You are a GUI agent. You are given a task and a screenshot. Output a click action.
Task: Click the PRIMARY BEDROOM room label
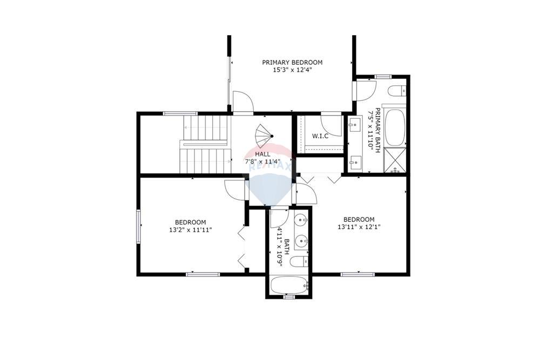coord(292,62)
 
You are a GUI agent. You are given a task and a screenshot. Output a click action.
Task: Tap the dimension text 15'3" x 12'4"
coord(292,70)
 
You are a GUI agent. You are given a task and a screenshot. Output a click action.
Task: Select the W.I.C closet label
coord(320,135)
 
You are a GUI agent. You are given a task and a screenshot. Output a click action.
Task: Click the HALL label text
coord(263,154)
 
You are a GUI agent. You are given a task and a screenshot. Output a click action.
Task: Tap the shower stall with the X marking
coord(395,161)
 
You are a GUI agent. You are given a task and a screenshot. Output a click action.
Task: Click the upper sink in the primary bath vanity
coord(355,125)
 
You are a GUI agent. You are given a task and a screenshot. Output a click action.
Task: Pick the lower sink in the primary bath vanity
coord(355,160)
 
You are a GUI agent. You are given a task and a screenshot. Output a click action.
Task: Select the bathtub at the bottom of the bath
coord(289,286)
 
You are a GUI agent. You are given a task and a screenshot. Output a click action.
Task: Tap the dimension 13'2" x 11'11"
coord(190,229)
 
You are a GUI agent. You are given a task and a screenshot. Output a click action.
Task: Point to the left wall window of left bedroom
coord(139,226)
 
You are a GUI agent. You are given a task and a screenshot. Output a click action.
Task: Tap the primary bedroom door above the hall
coord(243,103)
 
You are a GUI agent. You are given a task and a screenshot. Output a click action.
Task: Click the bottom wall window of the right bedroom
coord(358,274)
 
